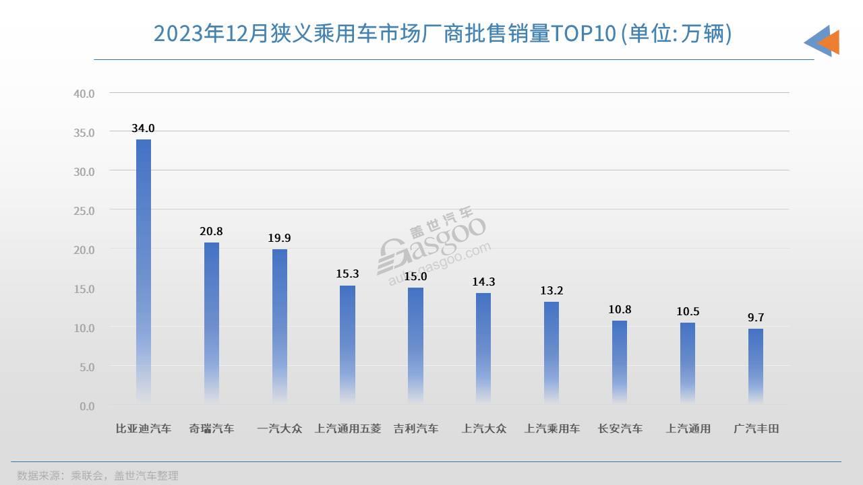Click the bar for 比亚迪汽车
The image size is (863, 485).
[144, 269]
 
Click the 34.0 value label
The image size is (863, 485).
[144, 129]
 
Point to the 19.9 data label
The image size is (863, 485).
[279, 238]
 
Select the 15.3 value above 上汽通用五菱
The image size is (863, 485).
[347, 274]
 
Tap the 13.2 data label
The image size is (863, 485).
[552, 291]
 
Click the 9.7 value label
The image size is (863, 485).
[756, 318]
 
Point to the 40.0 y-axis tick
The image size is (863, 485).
[84, 93]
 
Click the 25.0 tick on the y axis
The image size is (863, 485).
[84, 210]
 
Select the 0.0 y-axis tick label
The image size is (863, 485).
[87, 406]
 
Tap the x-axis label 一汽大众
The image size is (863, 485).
[280, 428]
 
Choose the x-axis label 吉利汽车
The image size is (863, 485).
[416, 428]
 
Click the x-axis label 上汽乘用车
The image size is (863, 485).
[552, 428]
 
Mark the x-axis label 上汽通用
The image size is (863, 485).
[688, 428]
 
